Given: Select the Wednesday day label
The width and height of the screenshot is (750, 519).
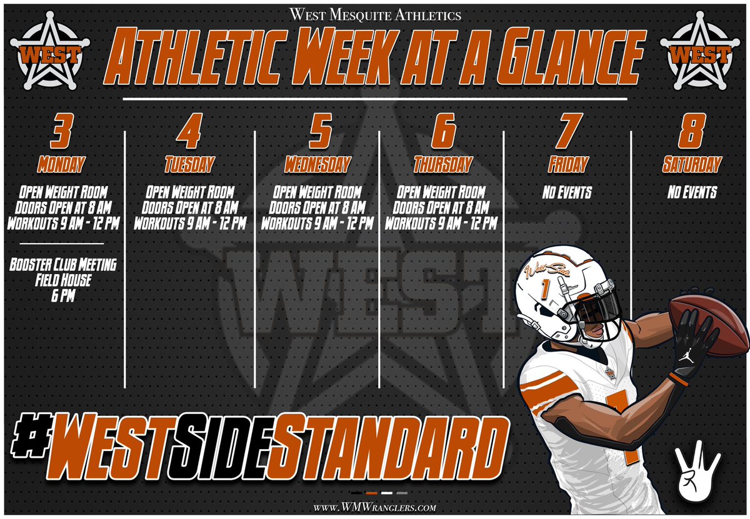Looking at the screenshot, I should point(317,165).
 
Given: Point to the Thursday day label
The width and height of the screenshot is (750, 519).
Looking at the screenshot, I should point(442,165).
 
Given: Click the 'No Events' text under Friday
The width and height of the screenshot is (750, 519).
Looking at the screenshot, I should point(567,192).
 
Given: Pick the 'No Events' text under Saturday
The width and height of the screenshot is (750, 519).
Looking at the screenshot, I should point(692,192).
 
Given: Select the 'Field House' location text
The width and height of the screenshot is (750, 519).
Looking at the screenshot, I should point(62,281).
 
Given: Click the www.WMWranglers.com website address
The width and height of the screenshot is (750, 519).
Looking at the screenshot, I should point(375,508).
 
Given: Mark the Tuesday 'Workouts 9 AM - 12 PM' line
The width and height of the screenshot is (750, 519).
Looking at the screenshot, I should point(190,222).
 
